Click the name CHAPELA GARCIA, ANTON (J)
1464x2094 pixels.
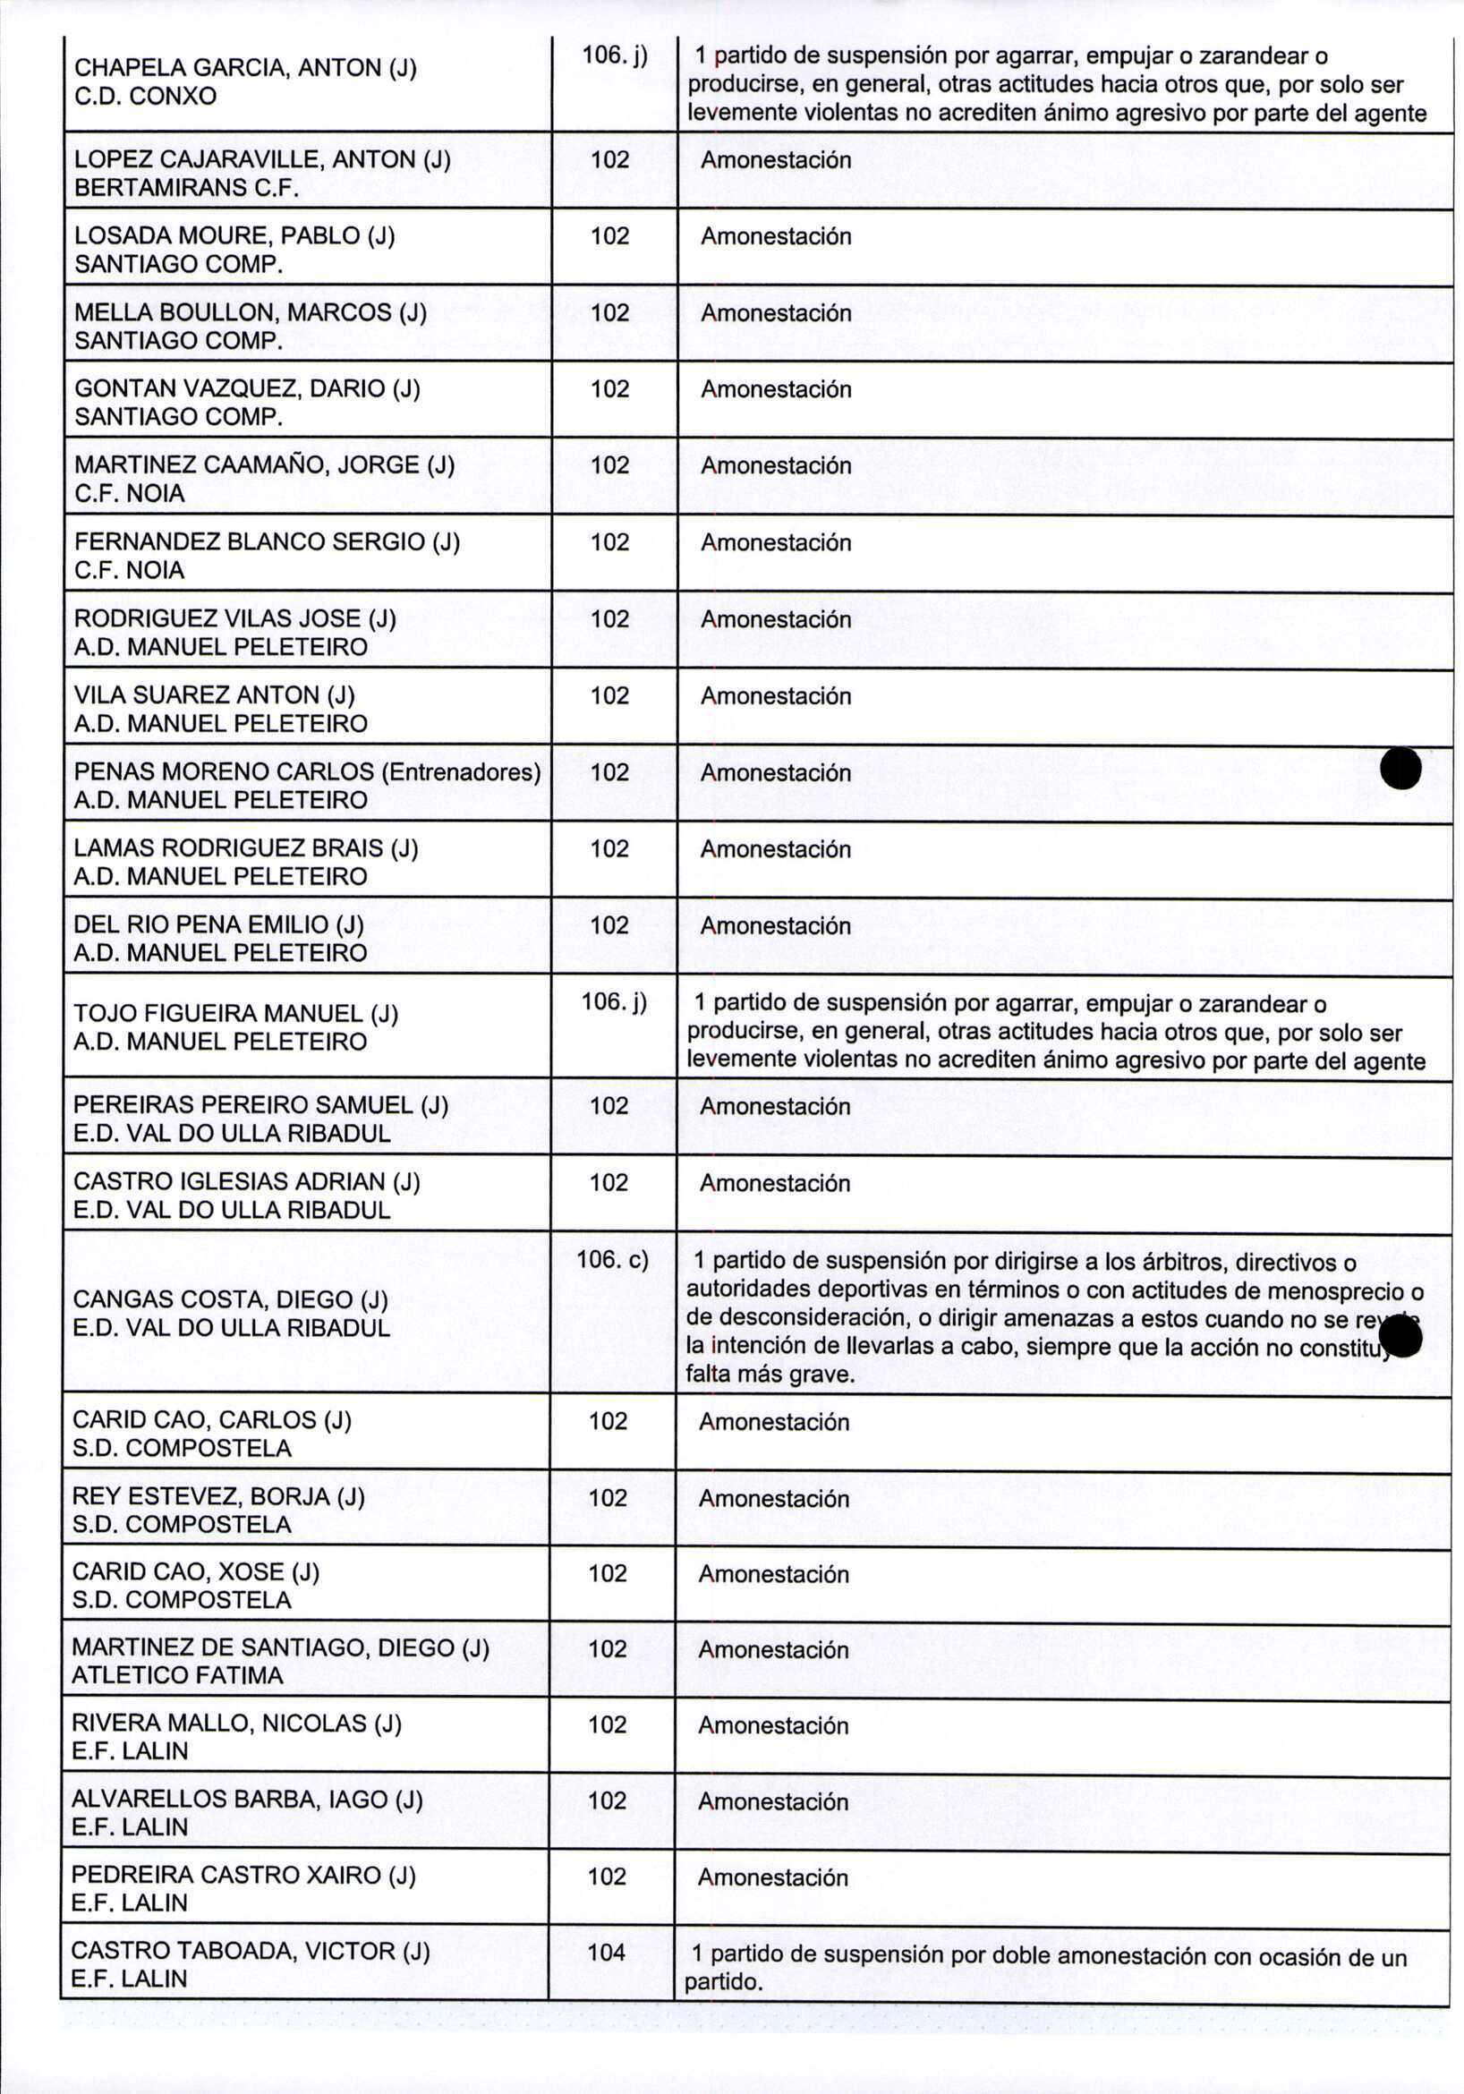point(245,67)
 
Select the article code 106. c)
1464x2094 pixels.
point(613,1260)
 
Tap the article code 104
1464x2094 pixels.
point(607,1953)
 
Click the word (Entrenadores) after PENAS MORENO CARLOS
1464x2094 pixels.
point(461,771)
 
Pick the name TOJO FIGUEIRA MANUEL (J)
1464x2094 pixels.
point(235,1013)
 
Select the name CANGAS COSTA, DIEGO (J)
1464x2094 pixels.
point(231,1299)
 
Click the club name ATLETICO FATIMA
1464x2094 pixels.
point(178,1674)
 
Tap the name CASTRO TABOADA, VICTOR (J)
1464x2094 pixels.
point(250,1951)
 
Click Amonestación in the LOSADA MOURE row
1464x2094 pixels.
point(775,236)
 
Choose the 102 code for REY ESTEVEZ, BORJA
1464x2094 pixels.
point(609,1497)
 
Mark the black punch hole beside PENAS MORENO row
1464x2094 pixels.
point(1400,768)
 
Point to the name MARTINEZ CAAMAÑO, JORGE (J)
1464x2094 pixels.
point(265,465)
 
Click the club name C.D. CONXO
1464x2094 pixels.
point(145,96)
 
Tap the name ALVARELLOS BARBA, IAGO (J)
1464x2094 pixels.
point(246,1800)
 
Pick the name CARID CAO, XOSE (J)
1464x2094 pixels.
point(195,1571)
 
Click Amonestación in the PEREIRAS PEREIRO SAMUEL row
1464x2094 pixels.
point(775,1106)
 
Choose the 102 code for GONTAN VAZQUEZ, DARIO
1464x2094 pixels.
point(610,389)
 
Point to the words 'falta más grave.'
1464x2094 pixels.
point(770,1375)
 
